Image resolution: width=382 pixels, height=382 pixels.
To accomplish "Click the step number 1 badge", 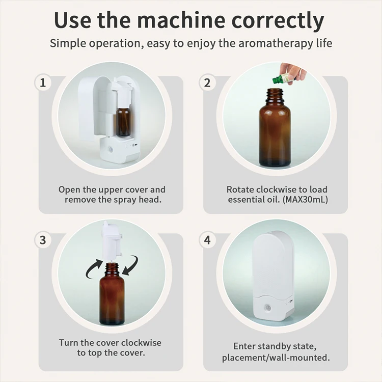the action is [43, 83].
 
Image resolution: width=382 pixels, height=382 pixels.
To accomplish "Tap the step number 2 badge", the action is [207, 83].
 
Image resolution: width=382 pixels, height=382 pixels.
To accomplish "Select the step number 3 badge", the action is [43, 240].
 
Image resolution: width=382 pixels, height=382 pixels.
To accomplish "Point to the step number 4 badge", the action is [207, 240].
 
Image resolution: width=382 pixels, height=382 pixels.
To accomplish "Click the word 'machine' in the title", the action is [181, 20].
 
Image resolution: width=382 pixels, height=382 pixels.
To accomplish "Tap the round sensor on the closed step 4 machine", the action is [268, 308].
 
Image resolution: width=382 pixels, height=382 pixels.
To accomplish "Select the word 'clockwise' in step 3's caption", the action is [141, 343].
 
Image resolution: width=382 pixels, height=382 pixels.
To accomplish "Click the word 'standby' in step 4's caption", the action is [276, 346].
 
